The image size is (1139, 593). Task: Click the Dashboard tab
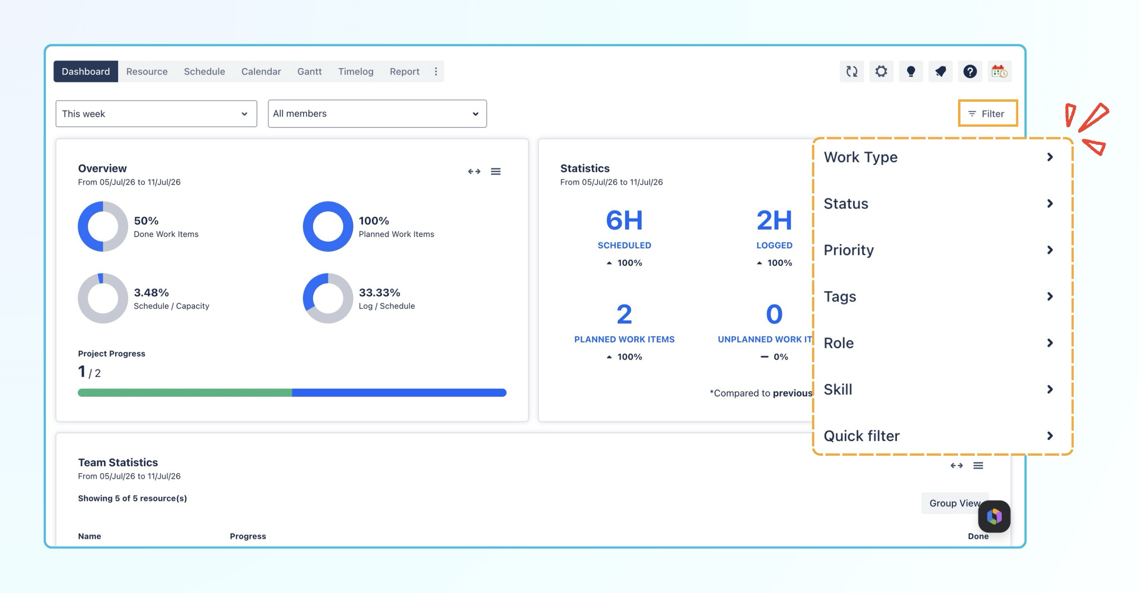pos(86,71)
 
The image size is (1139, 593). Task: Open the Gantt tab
pos(309,71)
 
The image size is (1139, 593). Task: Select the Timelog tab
pos(356,71)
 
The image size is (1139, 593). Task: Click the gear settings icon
pos(881,71)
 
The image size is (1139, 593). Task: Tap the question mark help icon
pos(970,71)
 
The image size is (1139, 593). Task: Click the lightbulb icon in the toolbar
pos(911,71)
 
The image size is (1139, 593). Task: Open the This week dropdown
pos(156,114)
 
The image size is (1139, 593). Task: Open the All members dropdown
pos(377,114)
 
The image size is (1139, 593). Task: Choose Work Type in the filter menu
pos(939,157)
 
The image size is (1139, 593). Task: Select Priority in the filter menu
pos(939,250)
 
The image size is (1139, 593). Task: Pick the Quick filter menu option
pos(939,436)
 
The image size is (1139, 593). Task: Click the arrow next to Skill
pos(1050,389)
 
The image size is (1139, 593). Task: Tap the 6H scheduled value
pos(624,220)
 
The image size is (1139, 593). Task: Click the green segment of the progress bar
pos(185,392)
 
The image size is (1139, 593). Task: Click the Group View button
pos(954,503)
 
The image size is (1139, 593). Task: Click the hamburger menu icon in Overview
pos(496,171)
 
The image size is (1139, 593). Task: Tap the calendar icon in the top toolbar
pos(999,71)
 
